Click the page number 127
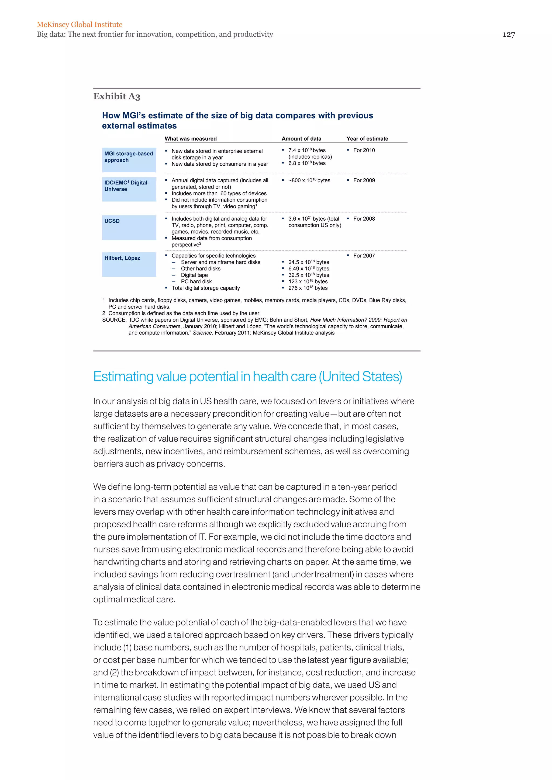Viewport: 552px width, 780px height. [509, 35]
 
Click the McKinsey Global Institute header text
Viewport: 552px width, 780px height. [80, 25]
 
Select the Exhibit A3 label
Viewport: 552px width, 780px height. [117, 96]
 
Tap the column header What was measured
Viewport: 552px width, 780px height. [190, 139]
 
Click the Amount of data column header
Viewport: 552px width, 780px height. [301, 139]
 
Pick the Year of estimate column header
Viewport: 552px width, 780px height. [367, 139]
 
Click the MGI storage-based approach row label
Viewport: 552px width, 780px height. [129, 157]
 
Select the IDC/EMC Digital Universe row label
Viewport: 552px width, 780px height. [126, 186]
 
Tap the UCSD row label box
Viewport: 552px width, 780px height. [129, 227]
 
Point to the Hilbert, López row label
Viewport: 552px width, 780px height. [122, 258]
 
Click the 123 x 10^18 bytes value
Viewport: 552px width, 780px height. [308, 282]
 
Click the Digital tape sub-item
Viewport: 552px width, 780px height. [194, 275]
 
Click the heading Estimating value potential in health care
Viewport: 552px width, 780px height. [247, 377]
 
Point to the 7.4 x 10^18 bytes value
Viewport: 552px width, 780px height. [306, 150]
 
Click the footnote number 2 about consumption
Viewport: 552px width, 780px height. [104, 314]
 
